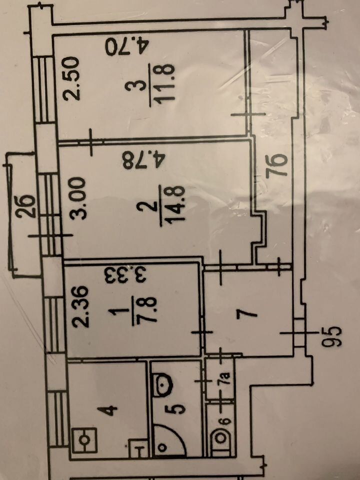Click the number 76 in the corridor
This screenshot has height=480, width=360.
tap(276, 166)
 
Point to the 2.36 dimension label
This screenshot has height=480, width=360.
tap(81, 306)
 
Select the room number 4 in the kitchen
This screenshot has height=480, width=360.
tap(111, 410)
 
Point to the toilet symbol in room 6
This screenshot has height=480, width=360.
tap(221, 438)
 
